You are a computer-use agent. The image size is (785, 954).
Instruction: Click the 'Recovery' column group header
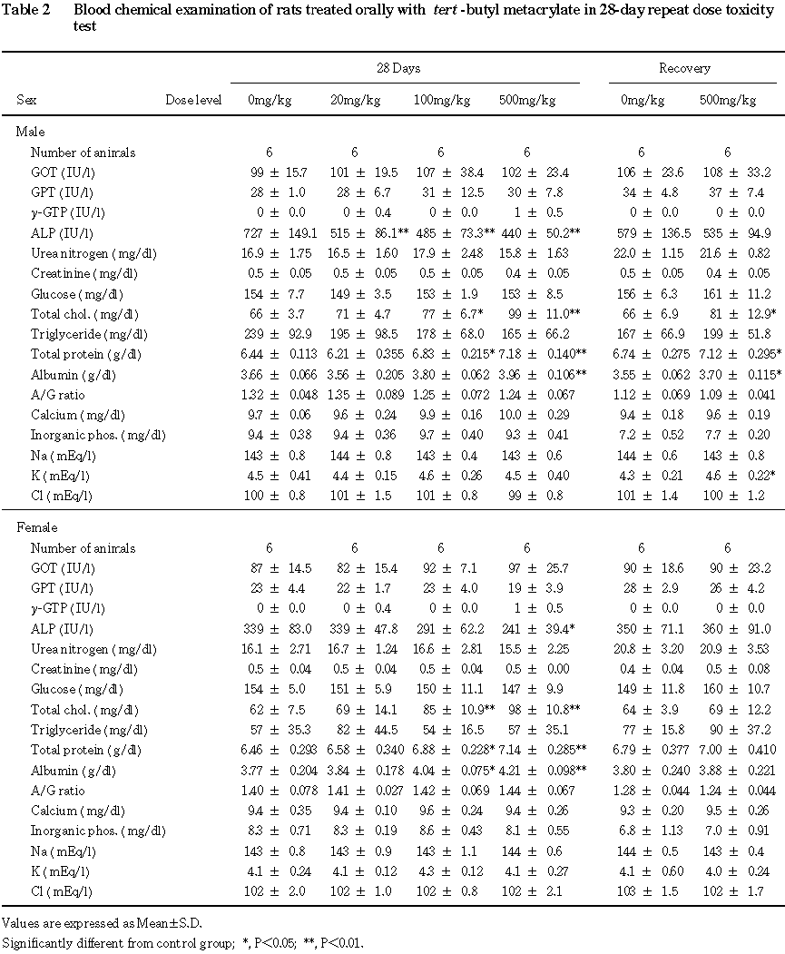tap(684, 68)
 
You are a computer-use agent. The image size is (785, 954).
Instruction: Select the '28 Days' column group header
tap(399, 68)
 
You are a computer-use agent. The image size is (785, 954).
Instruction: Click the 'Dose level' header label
tap(193, 100)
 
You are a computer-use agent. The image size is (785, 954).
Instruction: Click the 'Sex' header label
tap(26, 100)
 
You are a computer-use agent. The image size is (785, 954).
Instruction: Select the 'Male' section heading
tap(31, 133)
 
